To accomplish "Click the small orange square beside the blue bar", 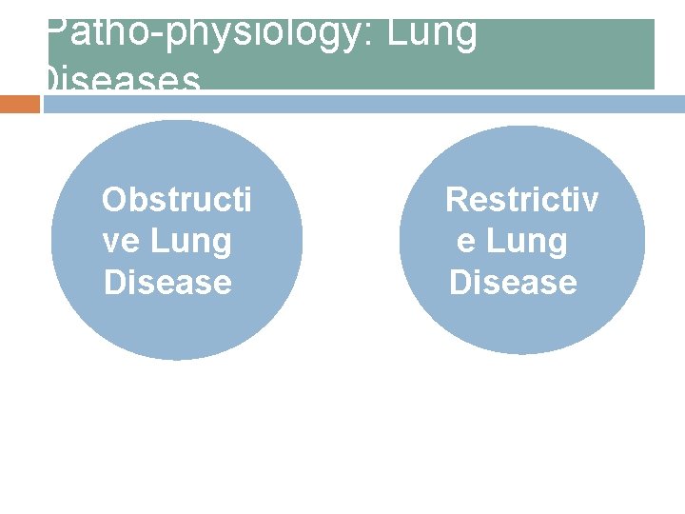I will (19, 104).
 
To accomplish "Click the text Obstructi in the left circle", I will (177, 200).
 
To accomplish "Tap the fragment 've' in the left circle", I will (120, 242).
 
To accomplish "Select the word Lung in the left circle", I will (189, 242).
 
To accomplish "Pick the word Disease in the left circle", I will (168, 283).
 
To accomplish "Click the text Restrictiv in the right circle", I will (522, 200).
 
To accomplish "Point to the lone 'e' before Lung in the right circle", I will (467, 242).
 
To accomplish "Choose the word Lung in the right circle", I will (526, 242).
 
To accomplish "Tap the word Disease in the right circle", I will (514, 283).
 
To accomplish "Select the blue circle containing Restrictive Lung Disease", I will (521, 324).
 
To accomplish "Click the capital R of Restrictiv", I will (458, 200).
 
